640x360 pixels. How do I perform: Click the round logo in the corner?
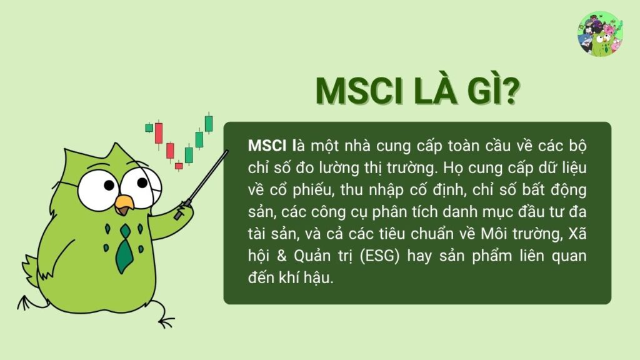click(601, 34)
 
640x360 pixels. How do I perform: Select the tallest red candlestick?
click(159, 132)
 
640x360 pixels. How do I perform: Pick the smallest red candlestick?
click(179, 166)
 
